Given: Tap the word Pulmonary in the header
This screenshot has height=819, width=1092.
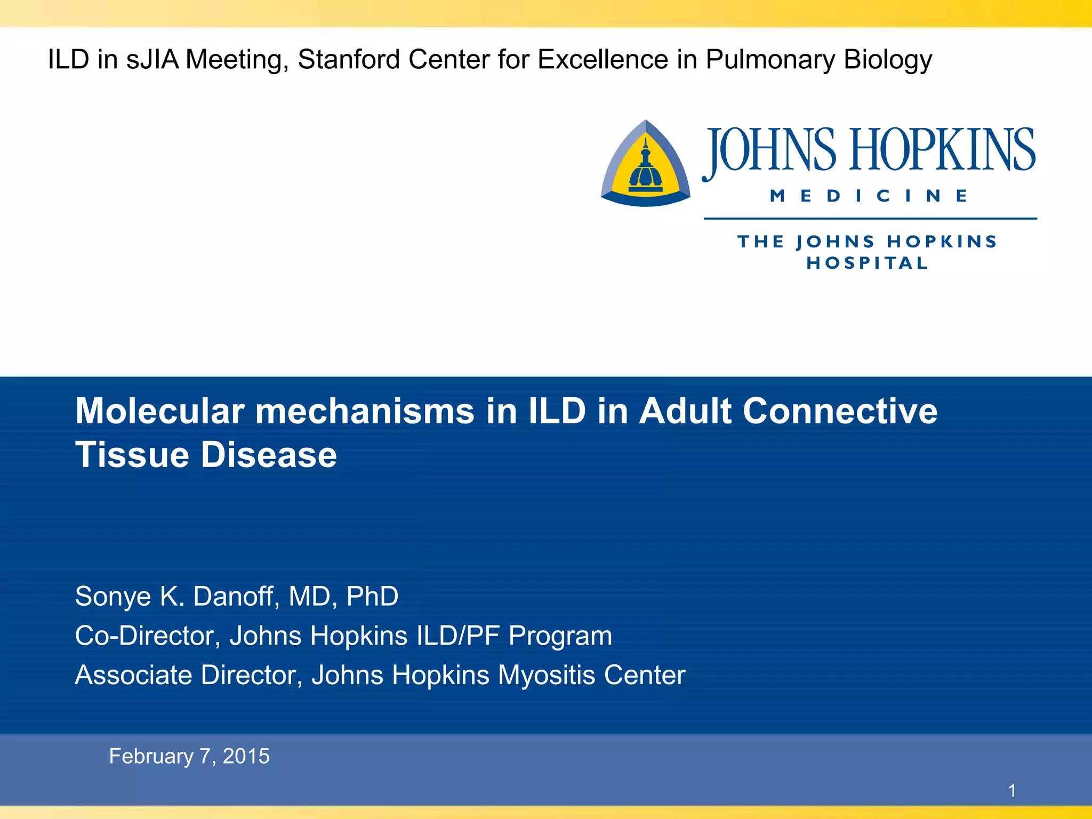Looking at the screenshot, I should click(770, 60).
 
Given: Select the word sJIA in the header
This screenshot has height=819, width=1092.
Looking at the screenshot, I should click(152, 60).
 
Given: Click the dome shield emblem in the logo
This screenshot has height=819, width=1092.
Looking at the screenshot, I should click(646, 164).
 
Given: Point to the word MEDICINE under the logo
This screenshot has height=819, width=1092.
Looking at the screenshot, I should click(869, 196).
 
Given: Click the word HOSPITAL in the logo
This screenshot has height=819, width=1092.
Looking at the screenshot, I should click(868, 263).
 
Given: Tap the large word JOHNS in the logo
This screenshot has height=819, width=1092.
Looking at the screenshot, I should click(769, 150).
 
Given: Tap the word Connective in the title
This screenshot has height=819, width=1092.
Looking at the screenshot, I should click(840, 411).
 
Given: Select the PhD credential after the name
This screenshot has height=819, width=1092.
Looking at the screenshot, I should click(372, 596).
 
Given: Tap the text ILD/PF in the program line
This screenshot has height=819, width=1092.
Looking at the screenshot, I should click(458, 636).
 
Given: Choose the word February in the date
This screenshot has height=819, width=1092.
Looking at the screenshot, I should click(151, 756).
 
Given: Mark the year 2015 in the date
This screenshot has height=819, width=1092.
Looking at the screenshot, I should click(246, 756).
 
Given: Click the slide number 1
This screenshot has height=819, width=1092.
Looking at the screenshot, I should click(1011, 790).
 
